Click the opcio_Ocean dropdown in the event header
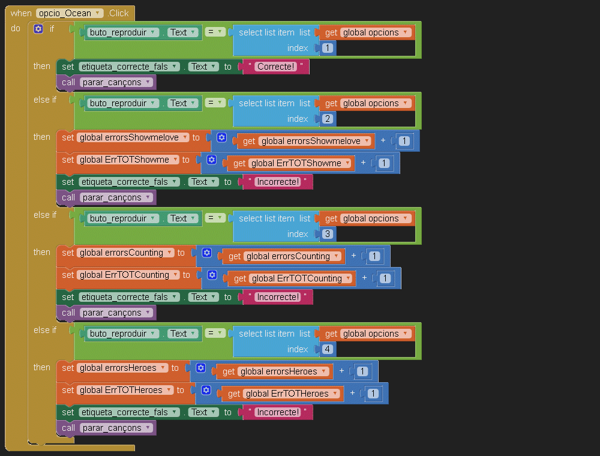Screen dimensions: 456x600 [x=69, y=13]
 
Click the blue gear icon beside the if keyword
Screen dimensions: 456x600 [x=38, y=29]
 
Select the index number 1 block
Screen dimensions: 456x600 [x=328, y=48]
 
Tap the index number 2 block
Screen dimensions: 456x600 [x=328, y=119]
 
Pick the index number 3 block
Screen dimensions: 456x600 [x=328, y=234]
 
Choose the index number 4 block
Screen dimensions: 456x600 [x=328, y=349]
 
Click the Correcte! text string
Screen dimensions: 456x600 [x=276, y=67]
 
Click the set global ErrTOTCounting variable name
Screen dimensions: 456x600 [x=128, y=275]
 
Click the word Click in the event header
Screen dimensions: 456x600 [x=119, y=13]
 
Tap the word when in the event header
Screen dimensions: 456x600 [x=21, y=13]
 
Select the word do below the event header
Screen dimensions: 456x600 [x=16, y=29]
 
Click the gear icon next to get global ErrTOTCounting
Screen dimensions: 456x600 [x=212, y=275]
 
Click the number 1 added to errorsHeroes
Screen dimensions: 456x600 [x=362, y=371]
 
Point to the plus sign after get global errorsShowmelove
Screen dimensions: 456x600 [x=383, y=141]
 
